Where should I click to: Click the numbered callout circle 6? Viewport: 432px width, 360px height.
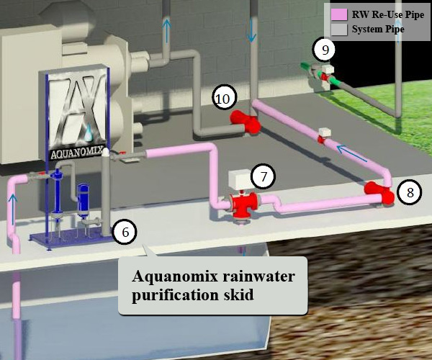[125, 232]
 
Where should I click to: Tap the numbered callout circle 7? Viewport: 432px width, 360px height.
[264, 176]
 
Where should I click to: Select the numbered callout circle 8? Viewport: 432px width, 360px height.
[410, 193]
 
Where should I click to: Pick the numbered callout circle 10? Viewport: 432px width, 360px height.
[224, 98]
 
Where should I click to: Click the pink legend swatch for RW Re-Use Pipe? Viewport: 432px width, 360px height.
[338, 14]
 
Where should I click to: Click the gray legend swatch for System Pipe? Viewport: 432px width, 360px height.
[338, 30]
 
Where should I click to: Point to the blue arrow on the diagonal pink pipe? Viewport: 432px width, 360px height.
[350, 153]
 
